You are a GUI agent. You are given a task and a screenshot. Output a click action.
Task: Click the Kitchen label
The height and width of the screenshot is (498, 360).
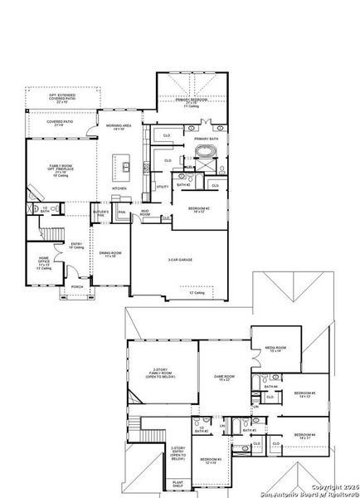pyautogui.click(x=119, y=188)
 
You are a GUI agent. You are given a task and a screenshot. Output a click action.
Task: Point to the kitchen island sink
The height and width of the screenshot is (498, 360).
pyautogui.click(x=127, y=167)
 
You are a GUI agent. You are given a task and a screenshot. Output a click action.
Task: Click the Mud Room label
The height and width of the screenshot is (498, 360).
pyautogui.click(x=144, y=213)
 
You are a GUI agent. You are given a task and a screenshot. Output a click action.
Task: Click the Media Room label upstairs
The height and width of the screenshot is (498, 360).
pyautogui.click(x=275, y=349)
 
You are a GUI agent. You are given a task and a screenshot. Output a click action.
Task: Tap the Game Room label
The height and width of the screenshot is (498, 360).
pyautogui.click(x=224, y=377)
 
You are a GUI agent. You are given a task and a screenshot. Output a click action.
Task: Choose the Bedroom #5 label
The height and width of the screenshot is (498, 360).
pyautogui.click(x=304, y=393)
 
